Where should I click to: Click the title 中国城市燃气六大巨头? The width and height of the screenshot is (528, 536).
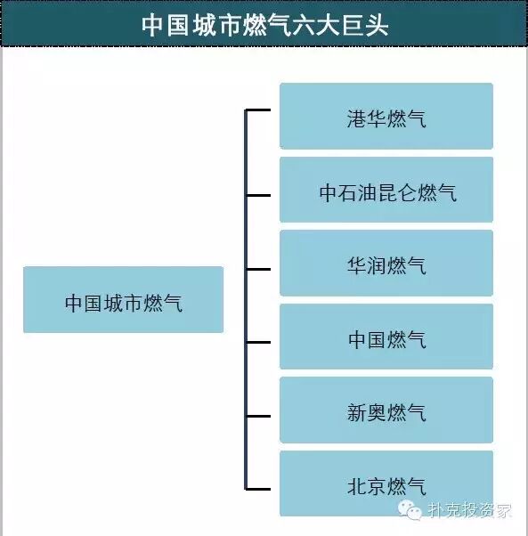click(x=265, y=25)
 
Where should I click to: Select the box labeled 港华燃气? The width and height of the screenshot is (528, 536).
click(x=386, y=116)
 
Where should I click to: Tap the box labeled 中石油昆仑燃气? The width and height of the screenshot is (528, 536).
click(x=386, y=190)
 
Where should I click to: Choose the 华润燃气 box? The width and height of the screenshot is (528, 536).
click(x=386, y=263)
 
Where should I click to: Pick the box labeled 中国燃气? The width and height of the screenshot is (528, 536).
click(x=386, y=337)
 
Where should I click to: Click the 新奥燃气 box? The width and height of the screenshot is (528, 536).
click(x=386, y=410)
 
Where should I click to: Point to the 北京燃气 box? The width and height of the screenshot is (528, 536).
click(x=386, y=483)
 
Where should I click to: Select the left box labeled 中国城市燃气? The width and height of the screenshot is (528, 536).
click(x=124, y=299)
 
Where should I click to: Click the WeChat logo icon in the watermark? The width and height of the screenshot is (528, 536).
click(x=410, y=510)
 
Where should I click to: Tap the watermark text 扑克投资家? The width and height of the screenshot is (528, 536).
click(x=469, y=511)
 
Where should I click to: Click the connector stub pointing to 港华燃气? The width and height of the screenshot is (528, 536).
click(x=258, y=110)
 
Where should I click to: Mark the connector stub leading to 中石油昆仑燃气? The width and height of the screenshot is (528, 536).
click(x=258, y=196)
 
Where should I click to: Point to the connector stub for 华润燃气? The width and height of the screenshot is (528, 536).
click(x=258, y=270)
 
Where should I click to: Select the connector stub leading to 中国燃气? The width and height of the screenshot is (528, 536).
click(x=258, y=342)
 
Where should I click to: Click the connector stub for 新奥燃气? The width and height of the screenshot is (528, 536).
click(x=258, y=417)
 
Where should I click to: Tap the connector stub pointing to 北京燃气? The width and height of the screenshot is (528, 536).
click(x=258, y=489)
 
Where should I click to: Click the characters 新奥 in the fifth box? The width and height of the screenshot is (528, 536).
click(x=367, y=412)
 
